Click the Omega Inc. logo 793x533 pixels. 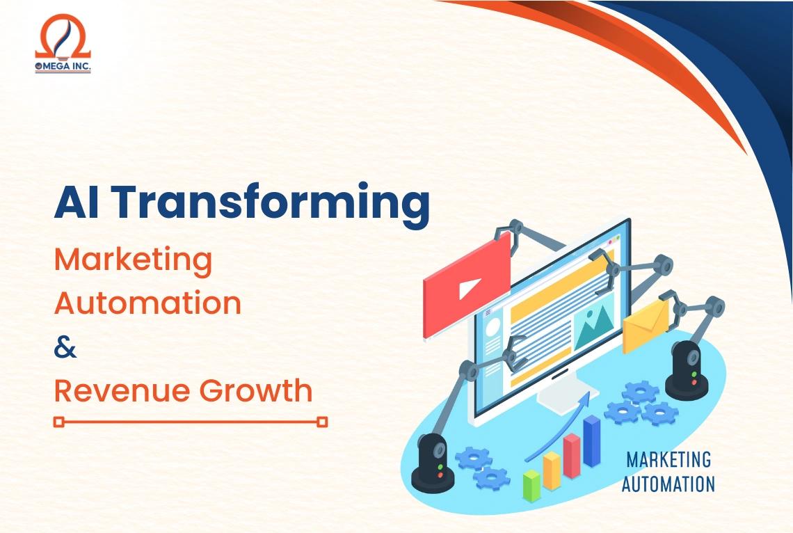point(63,45)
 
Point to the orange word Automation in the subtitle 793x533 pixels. point(147,303)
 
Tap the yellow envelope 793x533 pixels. point(645,326)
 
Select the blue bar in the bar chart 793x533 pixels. point(592,442)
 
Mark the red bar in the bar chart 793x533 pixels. point(572,456)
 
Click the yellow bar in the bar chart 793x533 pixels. point(552,470)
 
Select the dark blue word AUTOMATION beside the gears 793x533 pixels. point(668,483)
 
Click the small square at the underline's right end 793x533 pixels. point(322,422)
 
